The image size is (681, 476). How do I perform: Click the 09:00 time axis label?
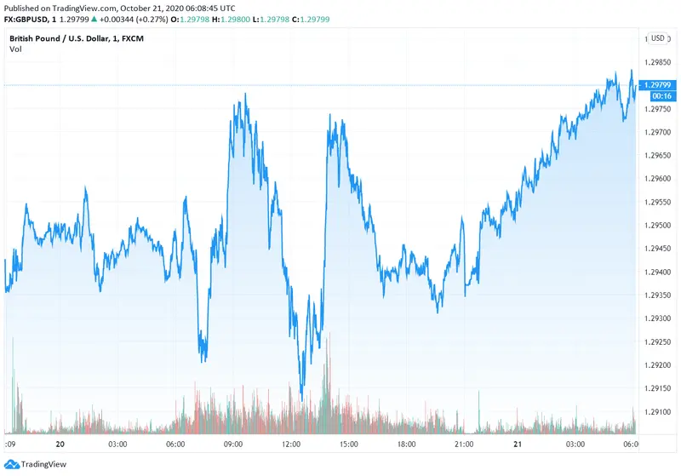coord(234,444)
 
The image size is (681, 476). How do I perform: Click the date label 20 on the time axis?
coord(60,444)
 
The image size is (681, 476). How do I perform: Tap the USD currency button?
coord(658,38)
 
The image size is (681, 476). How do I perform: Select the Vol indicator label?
coord(15,49)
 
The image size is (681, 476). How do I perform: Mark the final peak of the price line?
coord(631,71)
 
